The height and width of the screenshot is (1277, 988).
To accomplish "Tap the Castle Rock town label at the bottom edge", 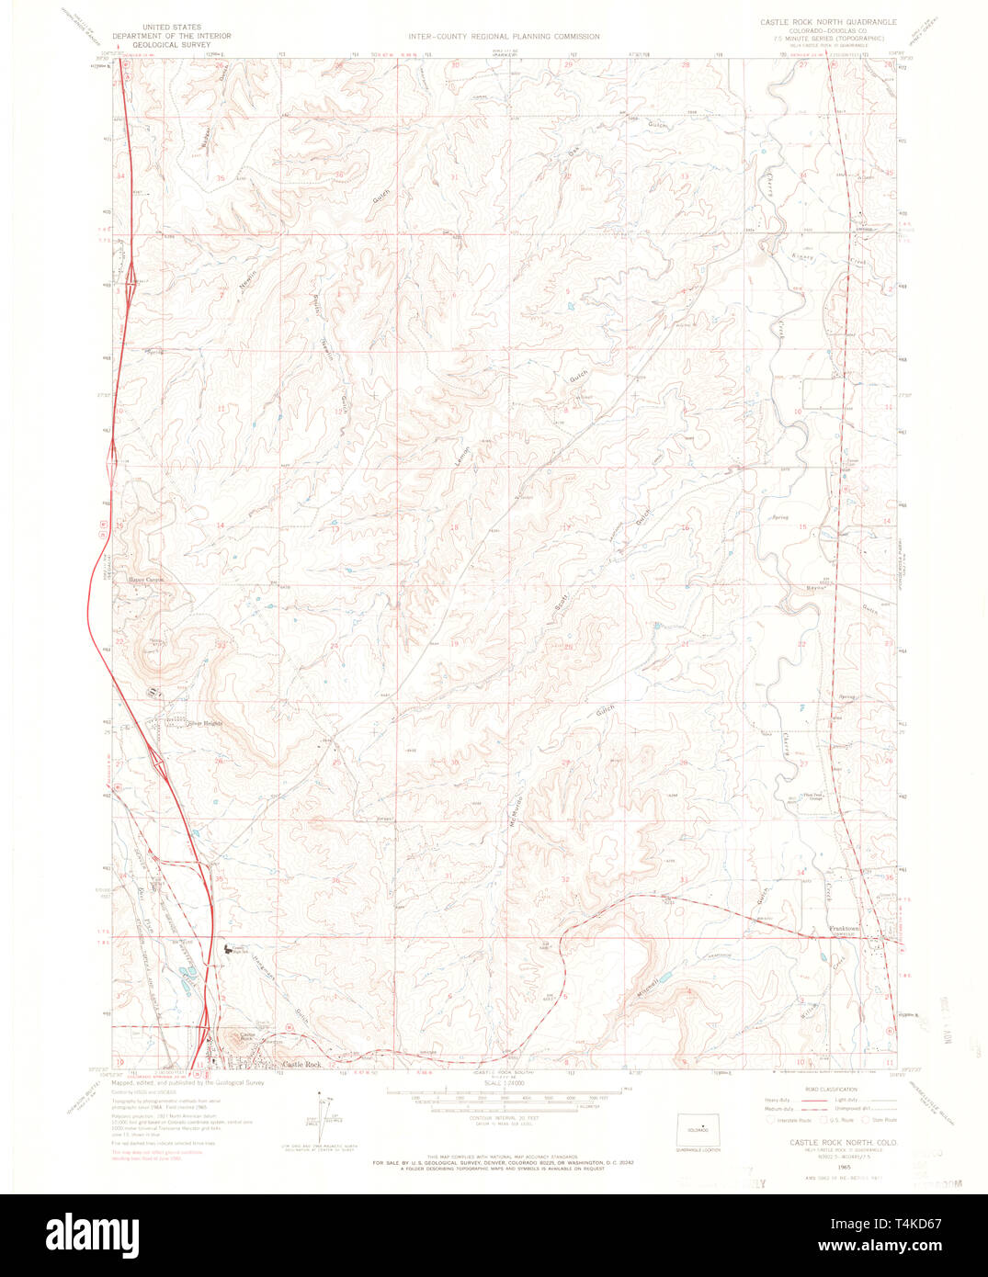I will [301, 1064].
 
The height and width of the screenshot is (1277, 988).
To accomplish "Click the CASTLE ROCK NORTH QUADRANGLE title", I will [827, 20].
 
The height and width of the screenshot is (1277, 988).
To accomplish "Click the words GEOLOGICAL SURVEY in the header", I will [172, 43].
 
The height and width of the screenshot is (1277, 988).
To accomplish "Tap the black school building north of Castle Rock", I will [228, 950].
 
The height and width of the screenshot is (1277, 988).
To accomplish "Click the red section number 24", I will [335, 646].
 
